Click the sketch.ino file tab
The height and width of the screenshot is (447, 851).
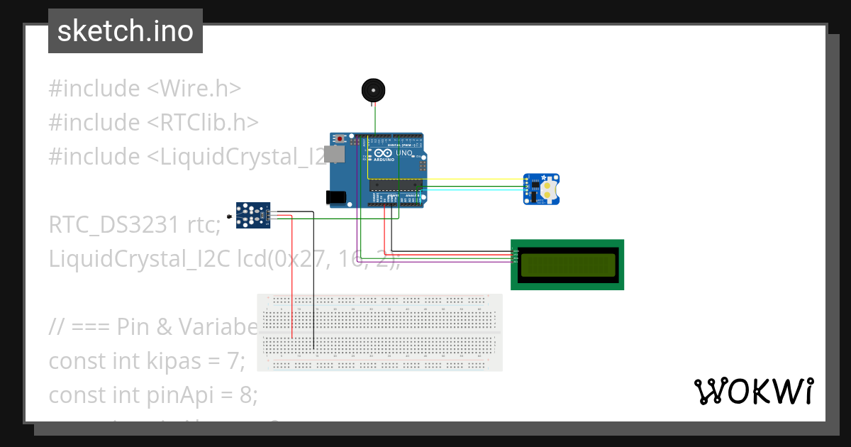point(126,31)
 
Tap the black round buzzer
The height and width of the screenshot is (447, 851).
point(373,90)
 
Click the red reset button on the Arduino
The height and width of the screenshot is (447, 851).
point(341,138)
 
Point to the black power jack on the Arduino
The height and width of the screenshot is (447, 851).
point(336,198)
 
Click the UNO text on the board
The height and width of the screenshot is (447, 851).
point(403,153)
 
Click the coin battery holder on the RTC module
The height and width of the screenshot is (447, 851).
point(550,189)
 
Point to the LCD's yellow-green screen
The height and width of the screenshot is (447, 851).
point(567,265)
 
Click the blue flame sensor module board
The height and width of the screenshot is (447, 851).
point(253,216)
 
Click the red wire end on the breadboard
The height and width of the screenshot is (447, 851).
point(291,336)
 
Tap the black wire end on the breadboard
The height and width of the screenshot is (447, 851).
point(314,348)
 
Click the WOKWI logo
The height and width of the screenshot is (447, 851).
point(753,391)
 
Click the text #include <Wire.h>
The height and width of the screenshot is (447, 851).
point(145,89)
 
